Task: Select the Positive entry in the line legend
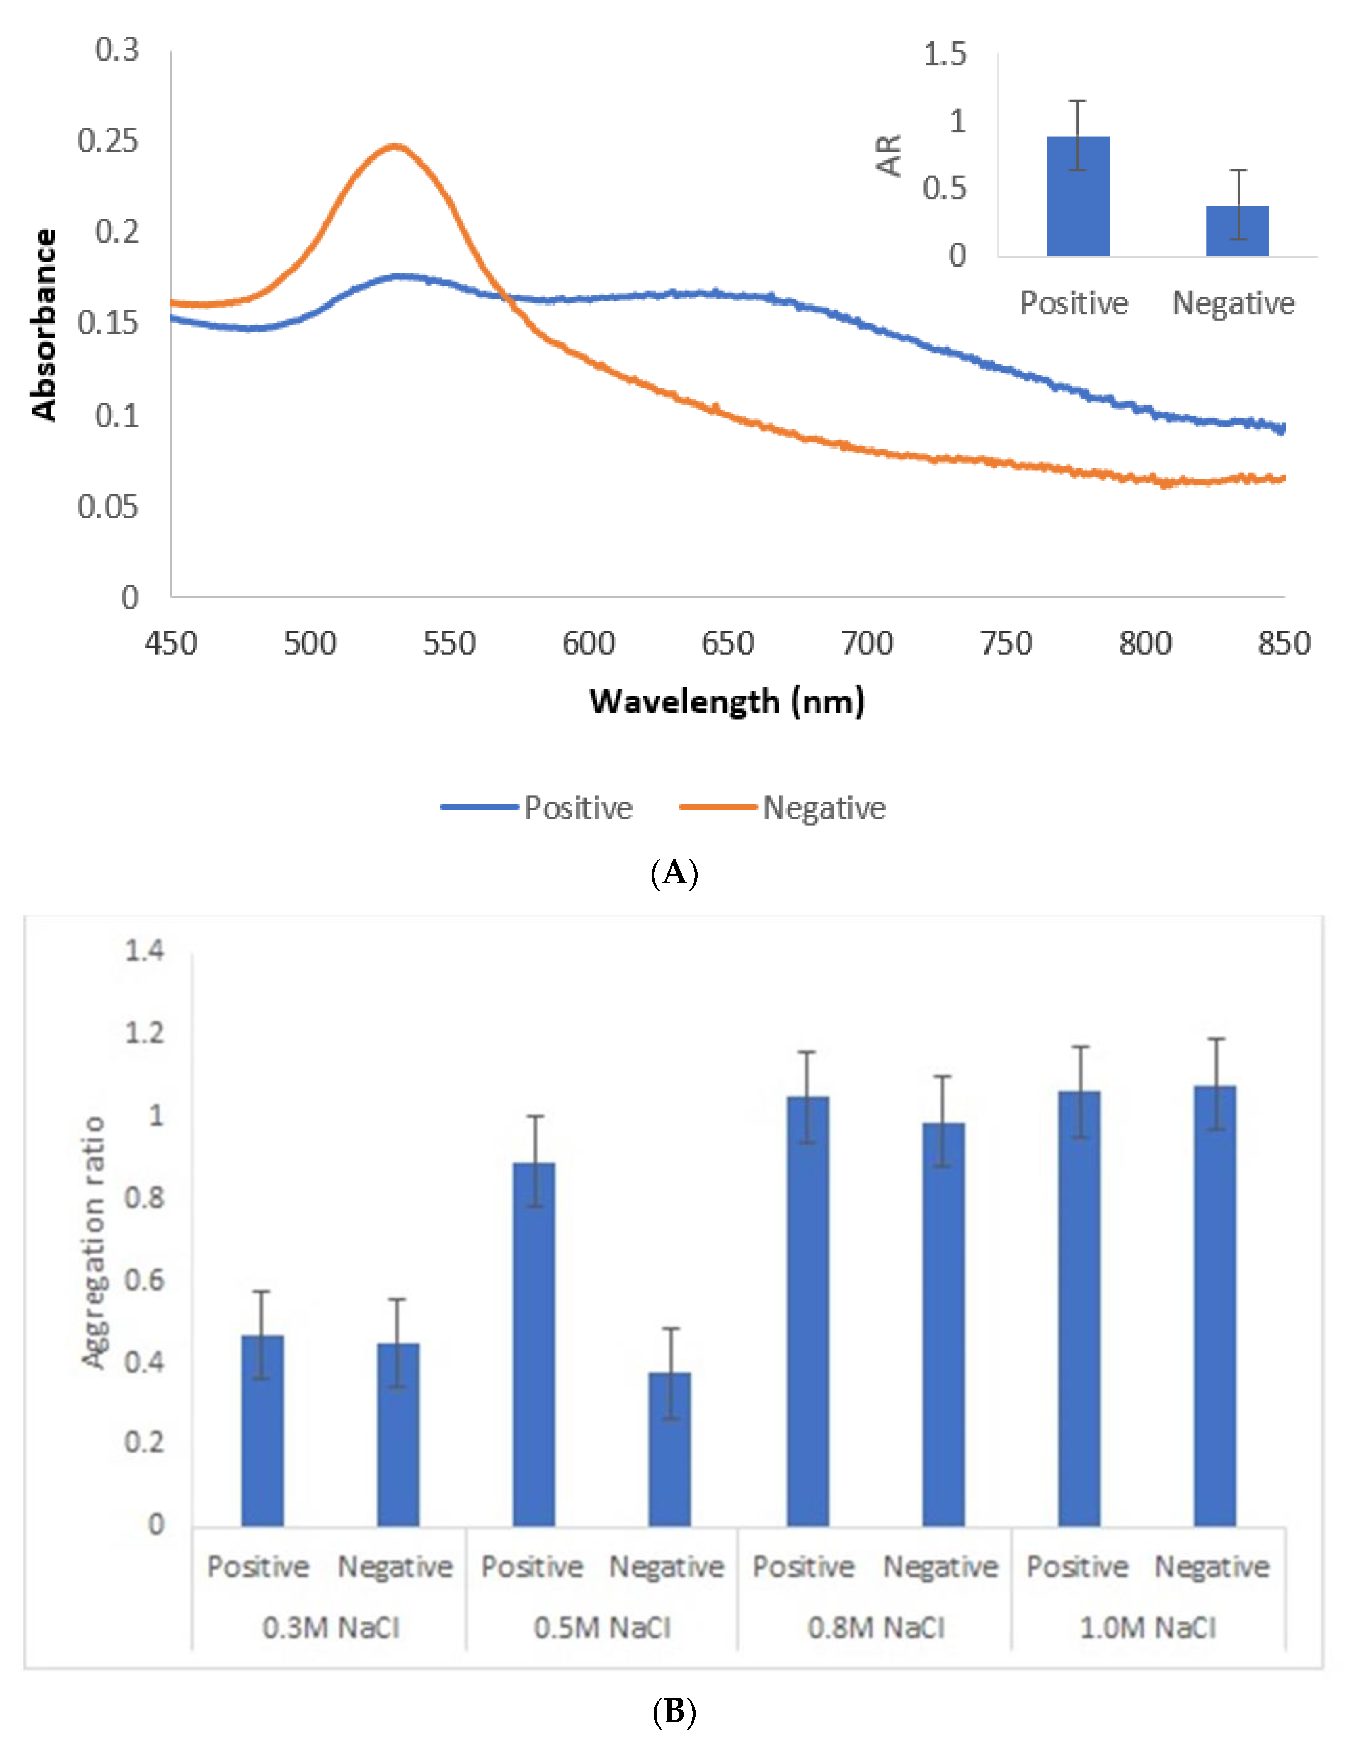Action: coord(577,808)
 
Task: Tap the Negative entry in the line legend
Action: coord(824,808)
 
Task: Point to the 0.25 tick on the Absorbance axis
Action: coord(108,141)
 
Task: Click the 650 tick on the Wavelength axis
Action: coord(727,643)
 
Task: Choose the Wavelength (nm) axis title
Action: coord(727,701)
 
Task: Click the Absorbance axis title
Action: coord(44,325)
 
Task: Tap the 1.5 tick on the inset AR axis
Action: coord(945,54)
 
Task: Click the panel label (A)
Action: coord(674,873)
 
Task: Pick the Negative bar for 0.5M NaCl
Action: coord(669,1449)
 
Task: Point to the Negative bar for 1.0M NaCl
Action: coord(1215,1306)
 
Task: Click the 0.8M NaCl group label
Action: coord(876,1628)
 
